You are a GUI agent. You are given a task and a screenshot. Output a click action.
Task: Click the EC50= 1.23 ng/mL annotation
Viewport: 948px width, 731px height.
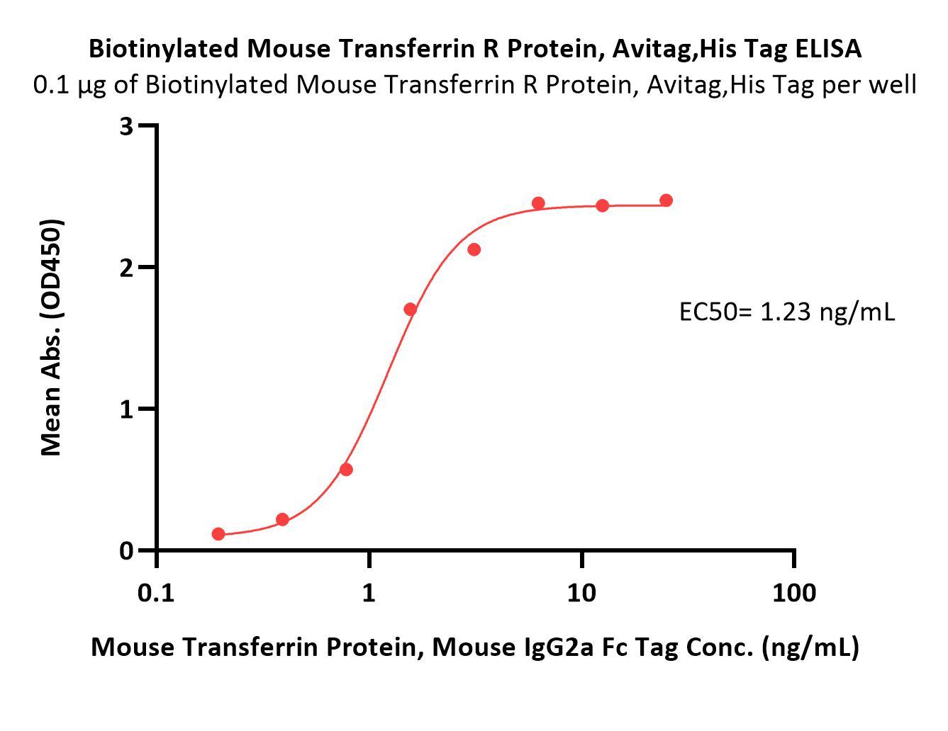point(787,311)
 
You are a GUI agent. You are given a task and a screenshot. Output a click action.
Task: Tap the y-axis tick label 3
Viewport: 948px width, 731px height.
point(127,126)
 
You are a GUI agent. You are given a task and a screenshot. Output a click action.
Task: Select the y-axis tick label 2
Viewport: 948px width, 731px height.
point(127,268)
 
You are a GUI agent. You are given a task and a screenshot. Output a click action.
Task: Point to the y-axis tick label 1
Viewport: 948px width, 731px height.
point(127,409)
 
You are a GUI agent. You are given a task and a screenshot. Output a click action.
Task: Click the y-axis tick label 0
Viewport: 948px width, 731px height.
point(127,550)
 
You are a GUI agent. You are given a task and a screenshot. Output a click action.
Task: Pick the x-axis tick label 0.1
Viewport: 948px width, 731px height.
point(156,592)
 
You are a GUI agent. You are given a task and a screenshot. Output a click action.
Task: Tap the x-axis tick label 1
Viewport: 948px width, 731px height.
point(369,592)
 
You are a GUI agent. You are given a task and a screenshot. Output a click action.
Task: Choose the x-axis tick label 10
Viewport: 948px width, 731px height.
point(581,592)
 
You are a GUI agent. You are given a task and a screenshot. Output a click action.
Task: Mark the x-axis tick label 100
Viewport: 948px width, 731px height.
point(793,592)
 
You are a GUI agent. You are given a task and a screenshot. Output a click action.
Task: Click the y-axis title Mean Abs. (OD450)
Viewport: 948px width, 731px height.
point(51,337)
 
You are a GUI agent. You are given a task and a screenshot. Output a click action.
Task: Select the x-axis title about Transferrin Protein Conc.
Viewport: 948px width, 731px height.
point(474,647)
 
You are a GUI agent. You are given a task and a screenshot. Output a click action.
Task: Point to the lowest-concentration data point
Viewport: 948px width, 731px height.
point(218,533)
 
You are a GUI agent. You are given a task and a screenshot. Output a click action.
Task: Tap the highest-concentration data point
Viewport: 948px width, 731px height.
point(666,200)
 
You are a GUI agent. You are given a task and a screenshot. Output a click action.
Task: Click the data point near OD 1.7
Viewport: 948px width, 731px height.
point(410,309)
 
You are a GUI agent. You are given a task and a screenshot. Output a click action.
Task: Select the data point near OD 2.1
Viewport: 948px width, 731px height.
point(474,249)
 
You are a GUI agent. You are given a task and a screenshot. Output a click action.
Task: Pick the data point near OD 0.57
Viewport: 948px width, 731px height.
point(346,470)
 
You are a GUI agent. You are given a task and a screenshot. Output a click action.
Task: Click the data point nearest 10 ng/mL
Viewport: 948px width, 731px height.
point(602,205)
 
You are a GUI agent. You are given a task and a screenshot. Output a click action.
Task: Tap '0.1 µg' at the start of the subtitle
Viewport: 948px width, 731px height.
point(67,85)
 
